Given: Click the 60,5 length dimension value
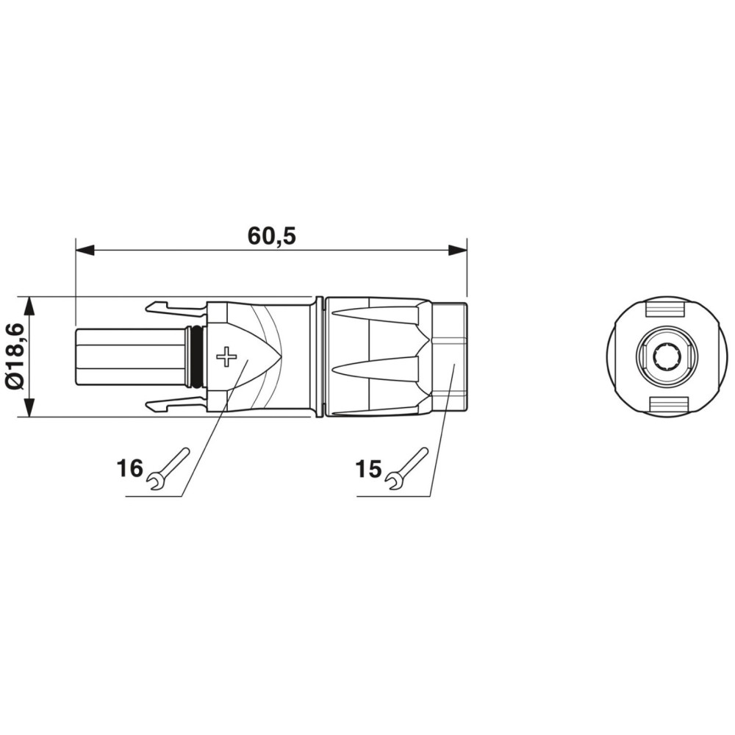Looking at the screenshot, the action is pyautogui.click(x=272, y=236).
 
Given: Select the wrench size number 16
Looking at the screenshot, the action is pyautogui.click(x=129, y=468).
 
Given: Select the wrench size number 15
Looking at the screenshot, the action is pyautogui.click(x=369, y=469).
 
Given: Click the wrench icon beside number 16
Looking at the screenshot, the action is pyautogui.click(x=169, y=469).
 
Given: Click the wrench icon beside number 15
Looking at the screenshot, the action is pyautogui.click(x=407, y=469).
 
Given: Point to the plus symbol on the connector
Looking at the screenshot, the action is pyautogui.click(x=227, y=356).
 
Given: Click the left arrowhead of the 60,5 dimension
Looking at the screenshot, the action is pyautogui.click(x=85, y=250).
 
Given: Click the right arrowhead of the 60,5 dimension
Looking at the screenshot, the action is pyautogui.click(x=457, y=250).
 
